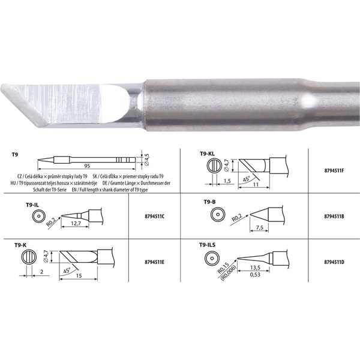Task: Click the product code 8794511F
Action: [334, 170]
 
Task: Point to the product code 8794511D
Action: [334, 262]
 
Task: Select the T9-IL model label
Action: [33, 205]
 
